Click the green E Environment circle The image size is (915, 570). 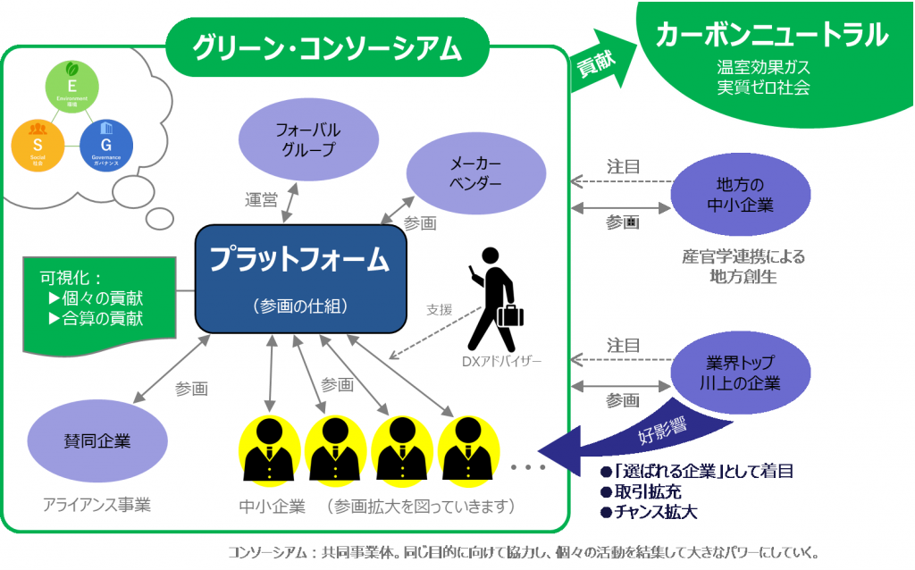pyautogui.click(x=71, y=93)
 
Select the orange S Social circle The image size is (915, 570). pyautogui.click(x=37, y=145)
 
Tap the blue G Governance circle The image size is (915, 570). pyautogui.click(x=106, y=144)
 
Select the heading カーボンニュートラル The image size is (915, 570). pyautogui.click(x=771, y=36)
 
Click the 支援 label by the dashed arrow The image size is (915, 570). pyautogui.click(x=440, y=310)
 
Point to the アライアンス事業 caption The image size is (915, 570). pyautogui.click(x=97, y=504)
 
